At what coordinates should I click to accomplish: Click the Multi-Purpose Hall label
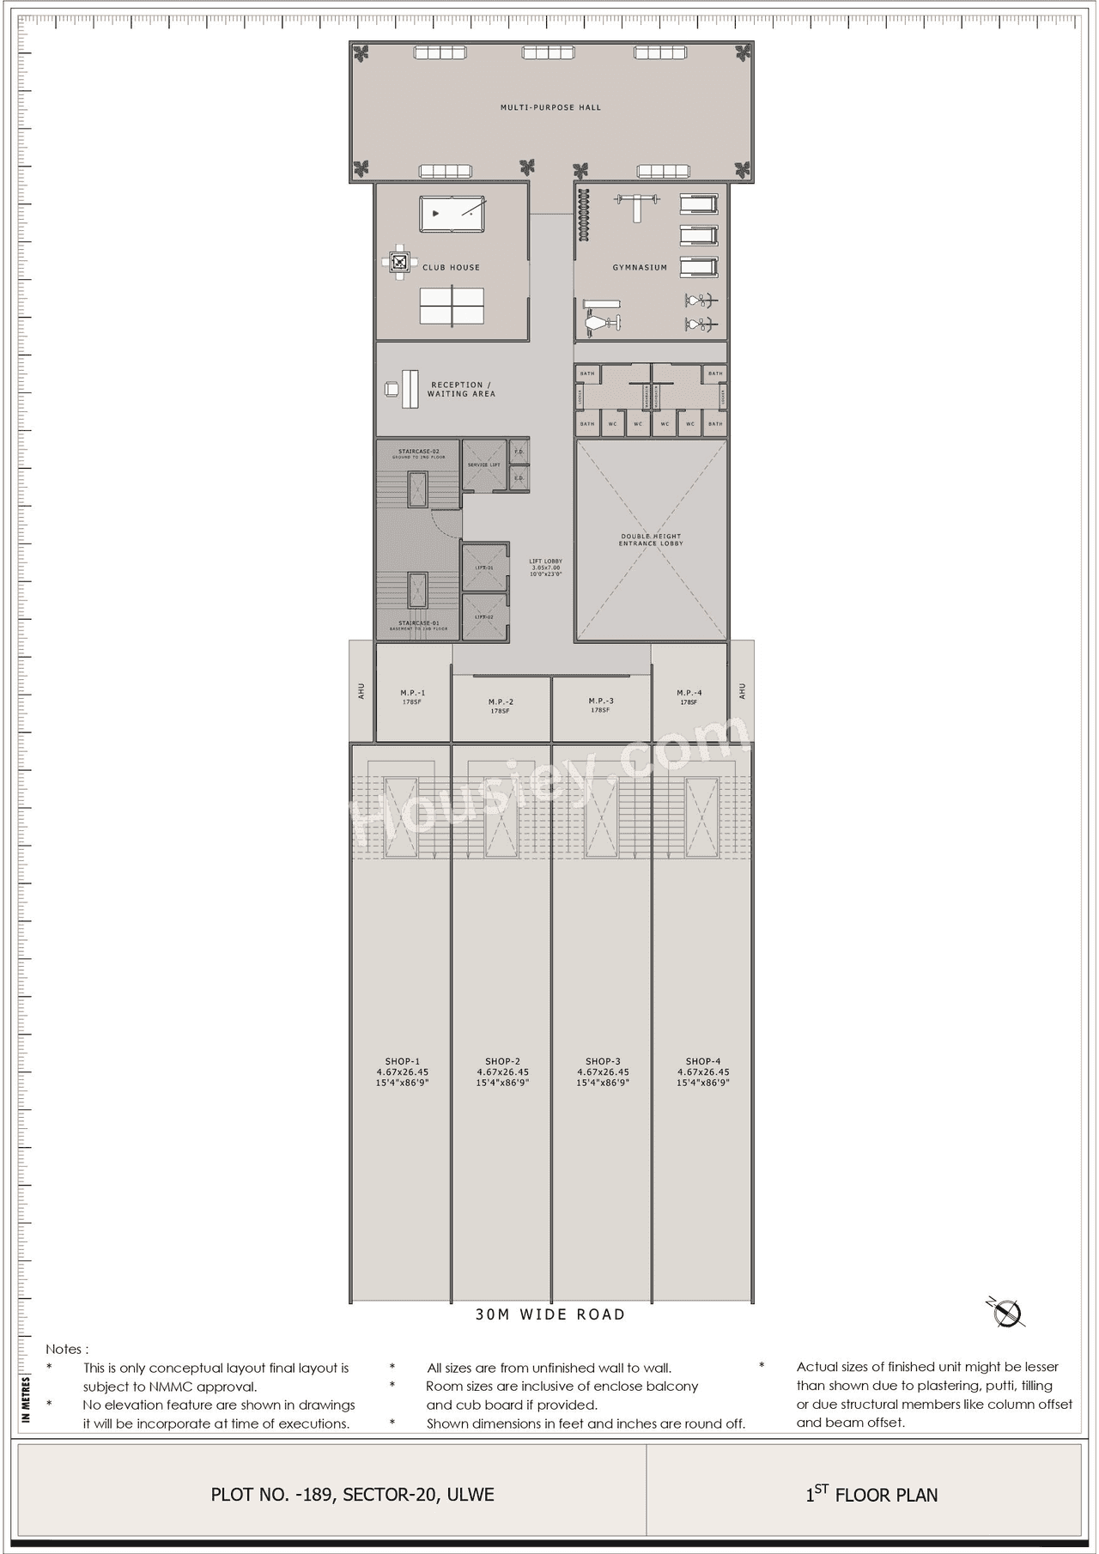click(x=550, y=108)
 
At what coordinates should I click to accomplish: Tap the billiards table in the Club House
click(x=452, y=214)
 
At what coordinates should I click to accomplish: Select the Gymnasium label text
click(x=640, y=268)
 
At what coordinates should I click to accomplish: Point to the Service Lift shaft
click(x=484, y=464)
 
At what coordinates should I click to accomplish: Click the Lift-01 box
click(x=485, y=568)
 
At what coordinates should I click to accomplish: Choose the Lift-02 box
click(x=485, y=616)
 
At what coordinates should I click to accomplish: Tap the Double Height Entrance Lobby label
click(x=651, y=540)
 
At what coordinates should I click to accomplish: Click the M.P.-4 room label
click(x=689, y=696)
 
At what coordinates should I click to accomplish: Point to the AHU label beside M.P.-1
click(x=361, y=691)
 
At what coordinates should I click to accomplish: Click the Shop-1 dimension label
click(x=402, y=1072)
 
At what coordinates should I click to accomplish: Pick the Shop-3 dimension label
click(x=603, y=1072)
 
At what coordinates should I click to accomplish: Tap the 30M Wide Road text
click(x=550, y=1314)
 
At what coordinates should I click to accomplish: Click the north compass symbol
click(x=1006, y=1313)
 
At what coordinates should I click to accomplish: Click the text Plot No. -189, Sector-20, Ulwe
click(x=352, y=1495)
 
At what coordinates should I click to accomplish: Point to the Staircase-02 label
click(x=419, y=453)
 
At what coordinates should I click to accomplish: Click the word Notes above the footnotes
click(x=67, y=1350)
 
